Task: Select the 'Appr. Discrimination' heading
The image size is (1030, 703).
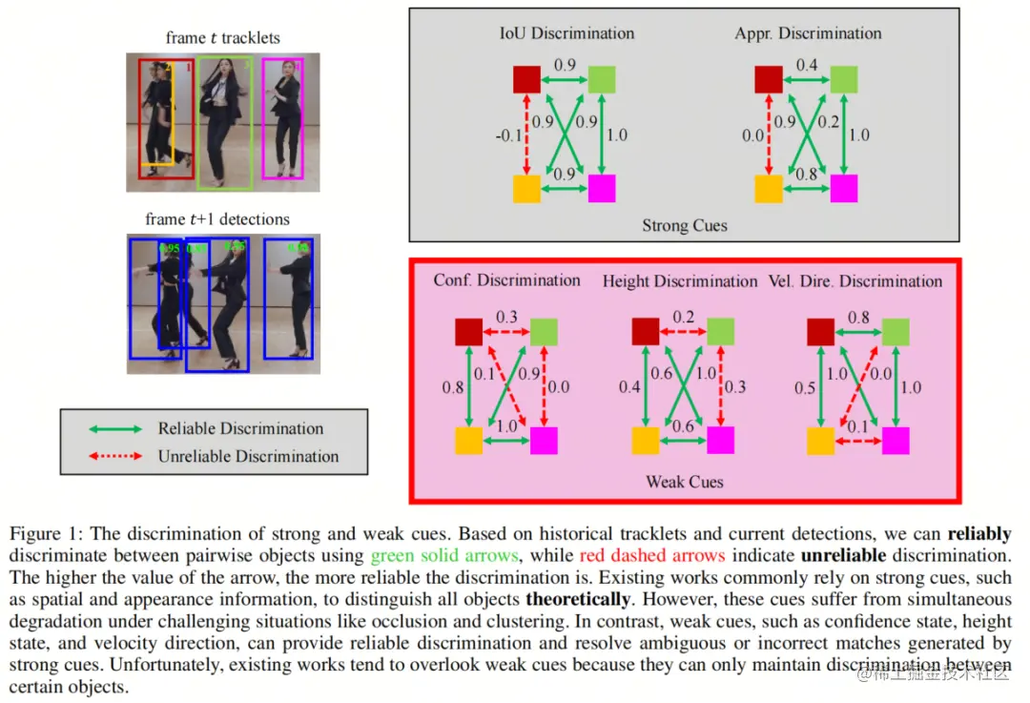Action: coord(808,33)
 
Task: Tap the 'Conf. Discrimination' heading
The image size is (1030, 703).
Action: coord(506,280)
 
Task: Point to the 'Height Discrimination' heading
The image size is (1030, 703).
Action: coord(680,281)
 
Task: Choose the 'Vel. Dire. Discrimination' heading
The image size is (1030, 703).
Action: coord(855,281)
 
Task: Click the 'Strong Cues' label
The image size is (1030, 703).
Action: coord(684,226)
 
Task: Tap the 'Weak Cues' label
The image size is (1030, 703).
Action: coord(684,482)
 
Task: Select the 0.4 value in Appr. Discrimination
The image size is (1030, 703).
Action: coord(807,66)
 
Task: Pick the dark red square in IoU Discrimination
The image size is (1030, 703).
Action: coord(527,79)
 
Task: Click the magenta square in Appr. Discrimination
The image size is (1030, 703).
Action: coord(843,189)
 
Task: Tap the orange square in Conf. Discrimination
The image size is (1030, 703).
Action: coord(468,441)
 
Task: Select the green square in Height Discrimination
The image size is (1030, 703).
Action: coord(720,331)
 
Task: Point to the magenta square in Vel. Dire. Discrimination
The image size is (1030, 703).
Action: coord(896,441)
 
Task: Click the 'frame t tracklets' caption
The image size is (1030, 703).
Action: coord(222,38)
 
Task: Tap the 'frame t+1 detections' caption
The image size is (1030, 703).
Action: coord(217,219)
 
